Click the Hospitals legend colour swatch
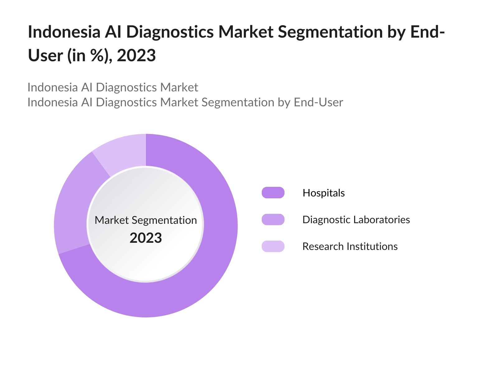point(273,193)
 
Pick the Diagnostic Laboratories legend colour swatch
point(273,219)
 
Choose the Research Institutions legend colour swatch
point(273,246)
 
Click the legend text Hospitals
point(323,193)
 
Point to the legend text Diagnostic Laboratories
point(356,220)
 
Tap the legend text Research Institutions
point(350,246)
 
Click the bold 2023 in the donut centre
point(146,238)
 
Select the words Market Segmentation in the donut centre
point(146,220)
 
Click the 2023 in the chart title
point(136,56)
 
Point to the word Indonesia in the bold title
point(64,32)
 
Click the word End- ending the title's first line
point(427,32)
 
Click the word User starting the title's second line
point(45,56)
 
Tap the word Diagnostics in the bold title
point(170,32)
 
